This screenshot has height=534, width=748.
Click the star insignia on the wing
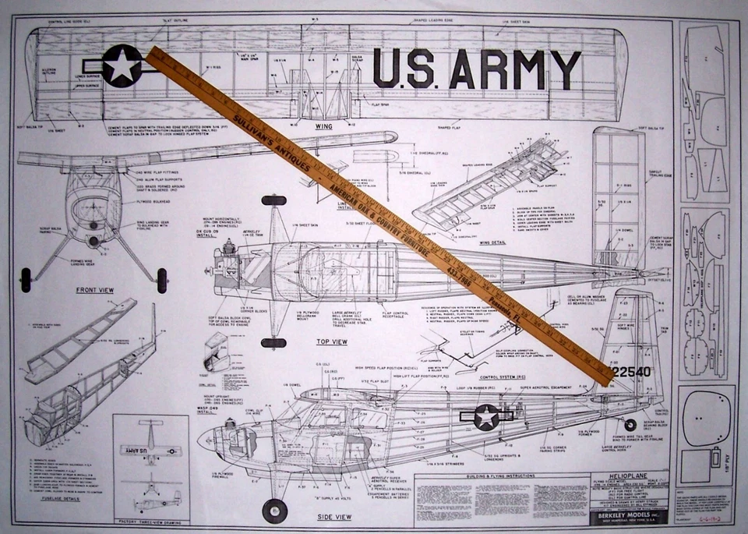[122, 65]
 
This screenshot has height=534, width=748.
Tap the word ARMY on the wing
[514, 69]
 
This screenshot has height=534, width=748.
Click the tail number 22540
[630, 372]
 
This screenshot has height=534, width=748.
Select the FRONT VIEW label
[95, 290]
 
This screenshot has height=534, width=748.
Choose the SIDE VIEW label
[333, 516]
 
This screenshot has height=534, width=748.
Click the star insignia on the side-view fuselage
[487, 417]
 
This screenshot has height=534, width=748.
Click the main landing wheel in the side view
[274, 510]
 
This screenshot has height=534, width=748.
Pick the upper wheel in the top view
[273, 200]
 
